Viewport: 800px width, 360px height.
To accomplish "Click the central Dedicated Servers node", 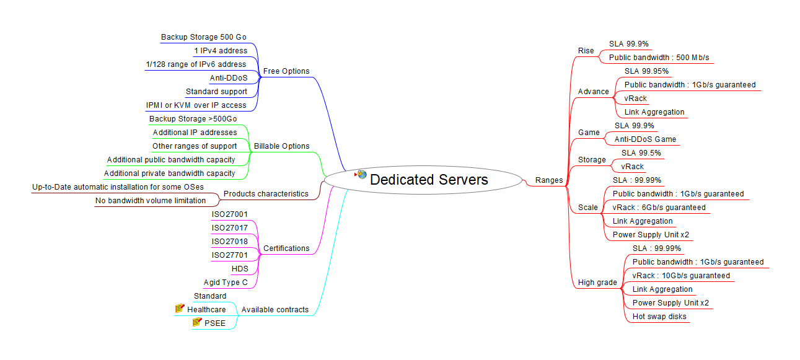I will tap(429, 180).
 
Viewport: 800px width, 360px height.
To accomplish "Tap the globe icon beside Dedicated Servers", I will tap(362, 175).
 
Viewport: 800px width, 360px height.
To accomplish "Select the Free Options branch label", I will tap(286, 71).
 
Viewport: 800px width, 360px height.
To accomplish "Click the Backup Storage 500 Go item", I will tap(203, 37).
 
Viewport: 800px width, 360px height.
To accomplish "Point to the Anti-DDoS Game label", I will tap(645, 139).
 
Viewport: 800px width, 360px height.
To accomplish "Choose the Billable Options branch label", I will tap(281, 146).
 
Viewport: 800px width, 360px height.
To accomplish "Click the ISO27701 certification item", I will tap(230, 255).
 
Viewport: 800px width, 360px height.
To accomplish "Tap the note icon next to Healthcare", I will tap(180, 309).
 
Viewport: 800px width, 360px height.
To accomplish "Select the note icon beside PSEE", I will tap(198, 322).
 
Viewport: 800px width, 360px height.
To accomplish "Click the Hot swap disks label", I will tap(659, 317).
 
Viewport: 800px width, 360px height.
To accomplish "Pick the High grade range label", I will tap(597, 283).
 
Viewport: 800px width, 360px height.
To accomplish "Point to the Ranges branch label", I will tap(549, 180).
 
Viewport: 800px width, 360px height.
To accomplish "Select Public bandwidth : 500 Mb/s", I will tap(659, 58).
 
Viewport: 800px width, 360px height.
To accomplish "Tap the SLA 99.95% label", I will tap(646, 71).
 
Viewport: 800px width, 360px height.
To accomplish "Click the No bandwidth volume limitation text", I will tap(151, 201).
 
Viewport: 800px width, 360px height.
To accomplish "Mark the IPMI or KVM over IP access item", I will tap(196, 105).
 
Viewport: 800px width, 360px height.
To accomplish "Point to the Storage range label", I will tap(592, 160).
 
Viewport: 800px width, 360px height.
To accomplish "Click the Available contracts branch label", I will tap(275, 310).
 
